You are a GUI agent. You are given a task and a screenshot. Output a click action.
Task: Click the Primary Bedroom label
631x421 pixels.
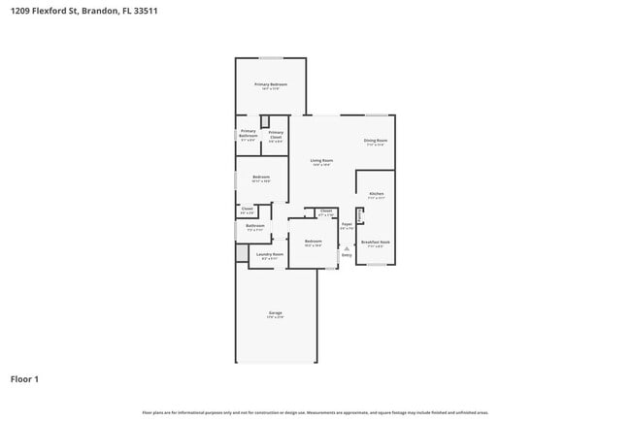tap(271, 85)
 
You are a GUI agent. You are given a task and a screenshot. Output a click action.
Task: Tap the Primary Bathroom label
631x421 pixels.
tap(249, 133)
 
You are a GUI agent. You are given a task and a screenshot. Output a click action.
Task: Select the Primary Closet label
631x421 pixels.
tap(276, 134)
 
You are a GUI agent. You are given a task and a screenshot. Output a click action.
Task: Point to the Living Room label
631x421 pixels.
tap(321, 160)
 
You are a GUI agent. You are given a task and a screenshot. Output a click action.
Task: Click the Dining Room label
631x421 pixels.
tap(376, 142)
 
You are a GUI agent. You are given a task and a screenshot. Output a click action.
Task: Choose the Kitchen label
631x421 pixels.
tap(377, 194)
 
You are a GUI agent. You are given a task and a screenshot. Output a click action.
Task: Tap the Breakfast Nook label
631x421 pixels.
tap(376, 243)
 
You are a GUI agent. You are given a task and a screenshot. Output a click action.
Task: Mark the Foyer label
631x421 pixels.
tap(347, 224)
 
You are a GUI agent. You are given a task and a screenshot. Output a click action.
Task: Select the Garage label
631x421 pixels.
tap(276, 313)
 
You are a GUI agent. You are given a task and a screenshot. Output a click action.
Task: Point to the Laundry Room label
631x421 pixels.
tap(270, 254)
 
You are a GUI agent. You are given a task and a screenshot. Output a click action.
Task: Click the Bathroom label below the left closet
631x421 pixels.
tap(254, 226)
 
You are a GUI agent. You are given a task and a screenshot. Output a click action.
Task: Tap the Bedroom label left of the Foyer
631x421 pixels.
tap(313, 241)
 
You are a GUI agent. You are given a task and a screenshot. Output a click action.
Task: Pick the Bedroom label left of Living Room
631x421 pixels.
tap(260, 177)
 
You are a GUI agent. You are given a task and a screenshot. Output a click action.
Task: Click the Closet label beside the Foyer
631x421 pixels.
tap(325, 210)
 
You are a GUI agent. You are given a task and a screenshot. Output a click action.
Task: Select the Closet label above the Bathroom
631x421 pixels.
tap(247, 209)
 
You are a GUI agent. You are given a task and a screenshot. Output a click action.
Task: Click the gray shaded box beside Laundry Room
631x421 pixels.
tap(242, 253)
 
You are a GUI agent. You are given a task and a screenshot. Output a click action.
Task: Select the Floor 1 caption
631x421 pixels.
tap(24, 378)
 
